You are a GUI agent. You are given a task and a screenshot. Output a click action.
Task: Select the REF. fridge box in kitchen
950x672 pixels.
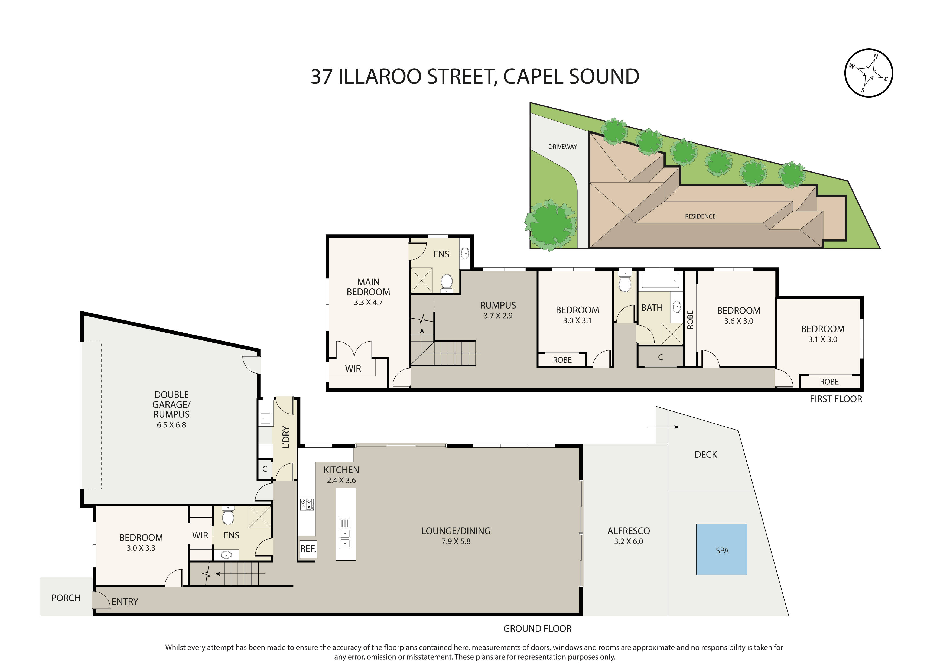tap(308, 549)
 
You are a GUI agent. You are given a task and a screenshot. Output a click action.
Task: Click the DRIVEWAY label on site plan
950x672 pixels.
tap(562, 147)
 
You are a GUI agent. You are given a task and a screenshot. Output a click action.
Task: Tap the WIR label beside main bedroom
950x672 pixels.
tap(353, 368)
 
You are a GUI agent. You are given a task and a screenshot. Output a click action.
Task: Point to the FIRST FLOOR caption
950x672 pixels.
tap(835, 399)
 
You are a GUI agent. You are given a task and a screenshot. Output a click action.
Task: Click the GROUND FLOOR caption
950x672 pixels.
tap(537, 629)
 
